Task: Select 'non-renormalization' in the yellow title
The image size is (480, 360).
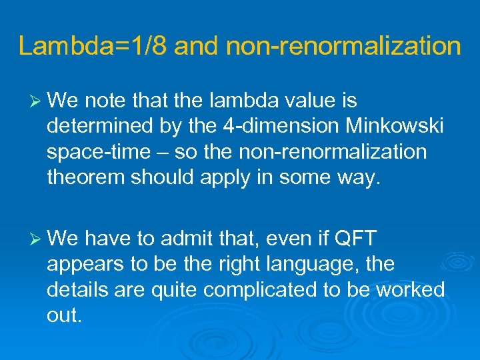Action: point(343,46)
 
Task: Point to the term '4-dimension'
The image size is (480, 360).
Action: point(243,127)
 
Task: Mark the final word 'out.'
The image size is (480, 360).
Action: point(65,315)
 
